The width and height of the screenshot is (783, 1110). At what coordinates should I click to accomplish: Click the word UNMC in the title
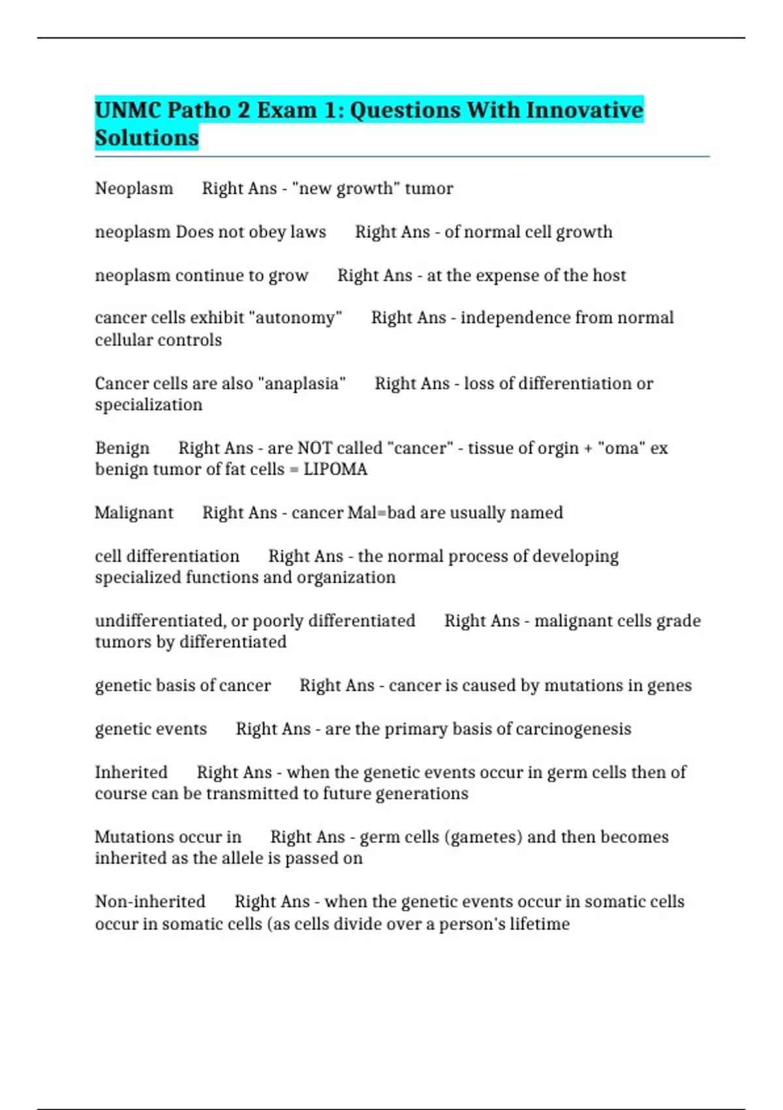coord(128,110)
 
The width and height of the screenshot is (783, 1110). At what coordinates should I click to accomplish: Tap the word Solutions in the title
coord(147,138)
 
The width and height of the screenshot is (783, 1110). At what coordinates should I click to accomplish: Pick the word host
coord(609,275)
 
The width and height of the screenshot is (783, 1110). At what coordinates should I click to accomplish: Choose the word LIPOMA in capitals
coord(335,469)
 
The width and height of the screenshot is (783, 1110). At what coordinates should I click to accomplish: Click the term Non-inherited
coord(150,902)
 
